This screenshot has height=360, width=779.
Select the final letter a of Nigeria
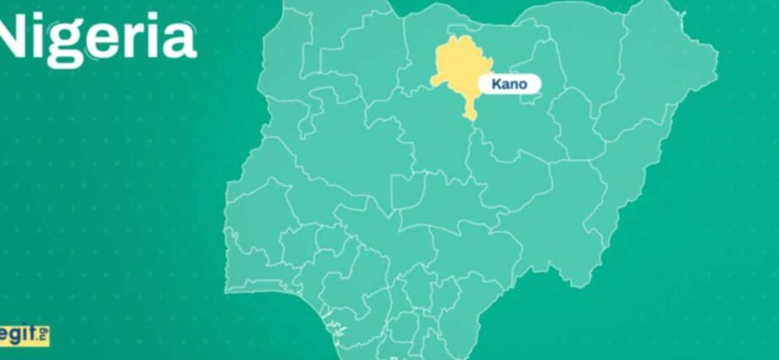(x=180, y=39)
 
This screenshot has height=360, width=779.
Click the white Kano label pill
(x=510, y=84)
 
